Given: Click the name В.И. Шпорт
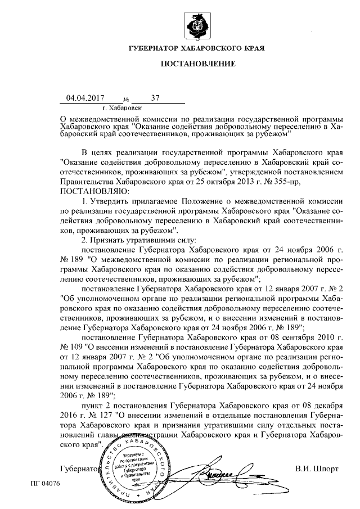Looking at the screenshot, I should (317, 468).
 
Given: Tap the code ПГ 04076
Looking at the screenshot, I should (45, 483).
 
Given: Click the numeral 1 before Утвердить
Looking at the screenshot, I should (84, 201).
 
